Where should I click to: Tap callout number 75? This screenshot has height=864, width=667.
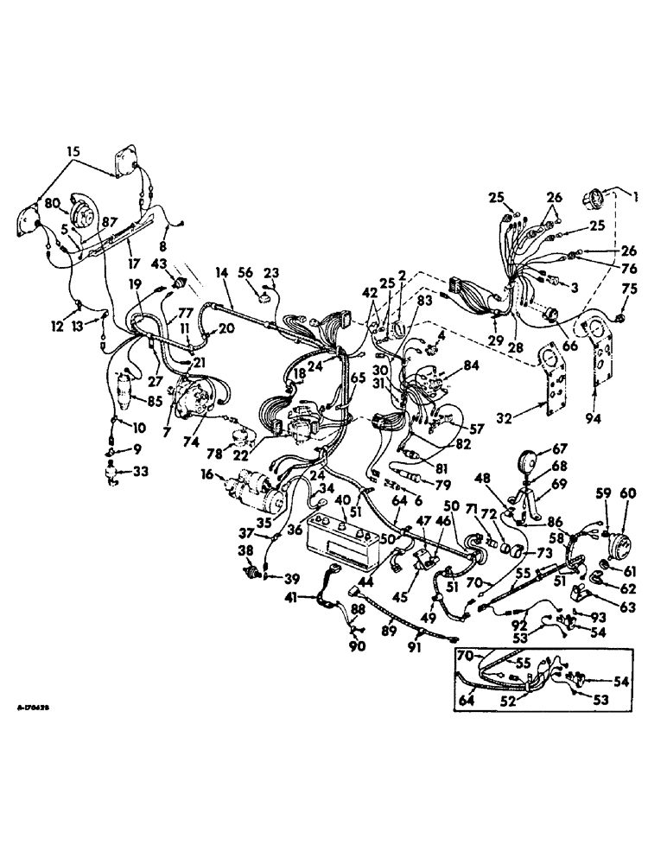pyautogui.click(x=631, y=289)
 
